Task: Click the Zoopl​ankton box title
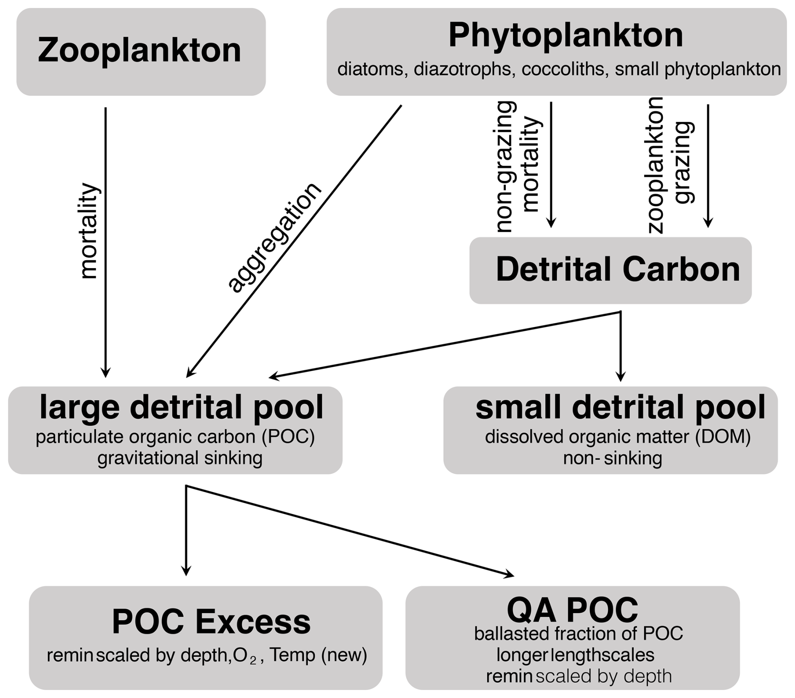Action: (140, 50)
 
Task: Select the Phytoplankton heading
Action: (566, 35)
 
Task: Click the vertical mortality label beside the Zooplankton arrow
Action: (89, 231)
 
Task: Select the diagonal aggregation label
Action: (274, 237)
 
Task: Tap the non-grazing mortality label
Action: (518, 167)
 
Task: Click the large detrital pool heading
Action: (181, 407)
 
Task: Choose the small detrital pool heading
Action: (620, 407)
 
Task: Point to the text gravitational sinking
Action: (180, 458)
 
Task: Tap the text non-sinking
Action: (612, 458)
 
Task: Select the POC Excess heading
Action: (211, 622)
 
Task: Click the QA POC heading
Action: (572, 609)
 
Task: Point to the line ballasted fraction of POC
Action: (578, 633)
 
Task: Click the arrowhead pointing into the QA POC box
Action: (510, 574)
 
